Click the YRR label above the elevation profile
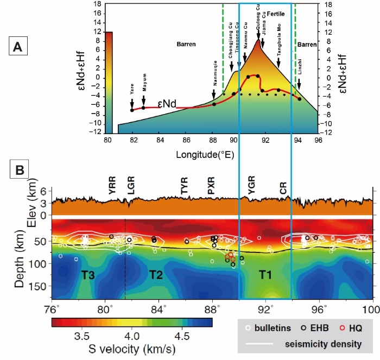[x=112, y=187]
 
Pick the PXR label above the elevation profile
[x=212, y=187]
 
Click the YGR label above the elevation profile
[x=251, y=187]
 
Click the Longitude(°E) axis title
[x=205, y=155]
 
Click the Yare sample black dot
[x=132, y=110]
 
